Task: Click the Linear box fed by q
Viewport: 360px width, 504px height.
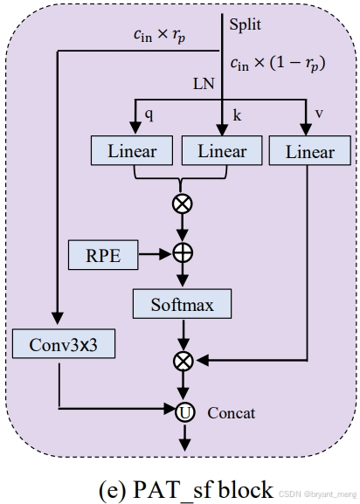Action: tap(133, 151)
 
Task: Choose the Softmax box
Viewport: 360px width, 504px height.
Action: tap(183, 304)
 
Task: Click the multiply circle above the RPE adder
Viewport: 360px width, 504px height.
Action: tap(183, 204)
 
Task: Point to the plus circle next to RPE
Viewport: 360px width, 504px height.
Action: tap(183, 252)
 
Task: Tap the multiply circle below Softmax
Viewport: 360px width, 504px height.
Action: tap(183, 358)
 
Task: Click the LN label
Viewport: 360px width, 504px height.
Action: tap(204, 85)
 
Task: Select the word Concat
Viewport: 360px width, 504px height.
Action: tap(232, 412)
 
